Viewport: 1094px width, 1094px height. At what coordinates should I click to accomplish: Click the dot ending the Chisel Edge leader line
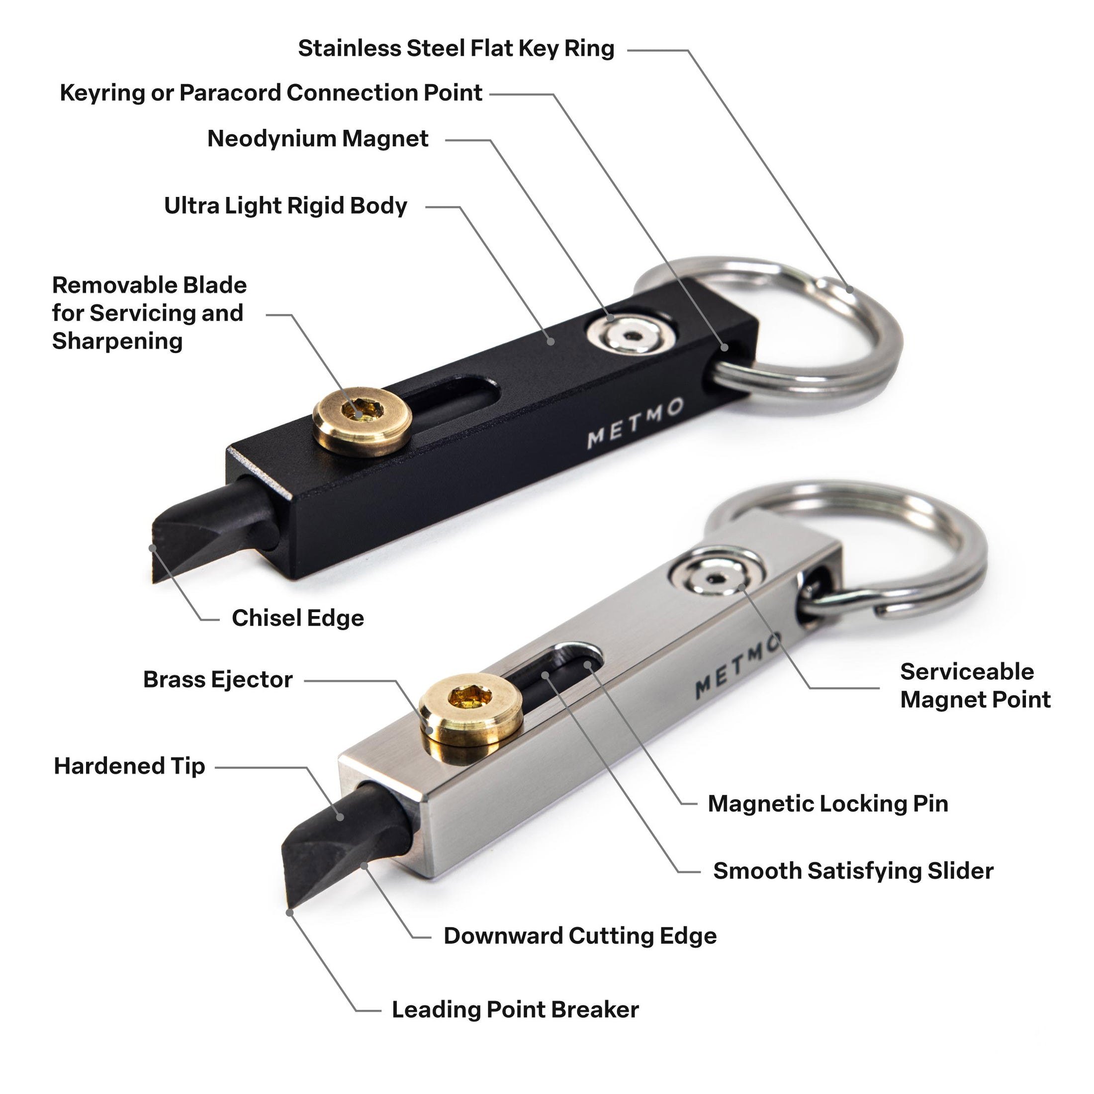152,547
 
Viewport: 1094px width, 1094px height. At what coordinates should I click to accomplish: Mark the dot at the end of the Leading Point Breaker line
290,912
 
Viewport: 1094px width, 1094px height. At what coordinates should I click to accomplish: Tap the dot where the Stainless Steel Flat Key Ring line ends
849,290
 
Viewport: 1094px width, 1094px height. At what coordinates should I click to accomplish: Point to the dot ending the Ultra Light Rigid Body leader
550,341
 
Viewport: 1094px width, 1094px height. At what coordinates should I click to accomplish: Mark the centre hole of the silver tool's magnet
717,578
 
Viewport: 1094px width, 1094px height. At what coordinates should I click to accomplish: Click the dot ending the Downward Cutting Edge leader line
365,865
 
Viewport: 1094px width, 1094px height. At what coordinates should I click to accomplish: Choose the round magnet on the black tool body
630,338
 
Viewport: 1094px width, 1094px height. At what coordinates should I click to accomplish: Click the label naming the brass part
217,679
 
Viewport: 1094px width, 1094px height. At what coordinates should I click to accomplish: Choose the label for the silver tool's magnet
975,686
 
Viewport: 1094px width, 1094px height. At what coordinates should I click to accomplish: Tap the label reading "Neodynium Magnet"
318,139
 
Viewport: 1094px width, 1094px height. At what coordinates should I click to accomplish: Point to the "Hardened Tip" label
129,766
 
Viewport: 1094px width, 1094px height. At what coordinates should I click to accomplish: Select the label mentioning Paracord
271,93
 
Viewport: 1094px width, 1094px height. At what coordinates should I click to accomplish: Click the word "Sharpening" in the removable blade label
118,342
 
